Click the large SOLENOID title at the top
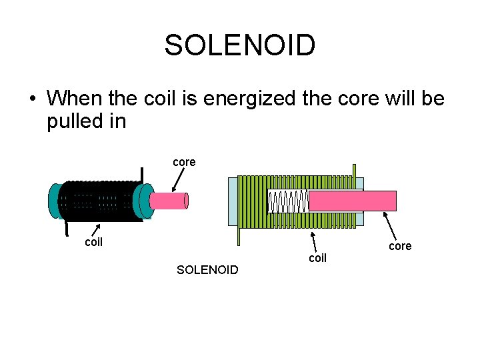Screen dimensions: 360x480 coord(239,46)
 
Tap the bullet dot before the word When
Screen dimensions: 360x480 coord(32,99)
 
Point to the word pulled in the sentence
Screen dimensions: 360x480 coord(73,122)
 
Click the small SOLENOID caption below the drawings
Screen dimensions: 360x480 coord(207,270)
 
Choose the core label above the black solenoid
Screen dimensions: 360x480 coord(184,162)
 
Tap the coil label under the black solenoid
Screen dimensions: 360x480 coord(93,242)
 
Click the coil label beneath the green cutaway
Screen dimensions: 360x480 coord(317,257)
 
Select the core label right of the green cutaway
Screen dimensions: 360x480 coord(400,246)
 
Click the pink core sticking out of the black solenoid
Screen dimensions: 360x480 coord(170,201)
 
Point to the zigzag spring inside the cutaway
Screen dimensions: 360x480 coord(288,201)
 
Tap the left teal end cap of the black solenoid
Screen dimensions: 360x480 coord(54,200)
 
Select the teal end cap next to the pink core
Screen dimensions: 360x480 coord(141,200)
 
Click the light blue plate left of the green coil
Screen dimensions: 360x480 coord(233,201)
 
